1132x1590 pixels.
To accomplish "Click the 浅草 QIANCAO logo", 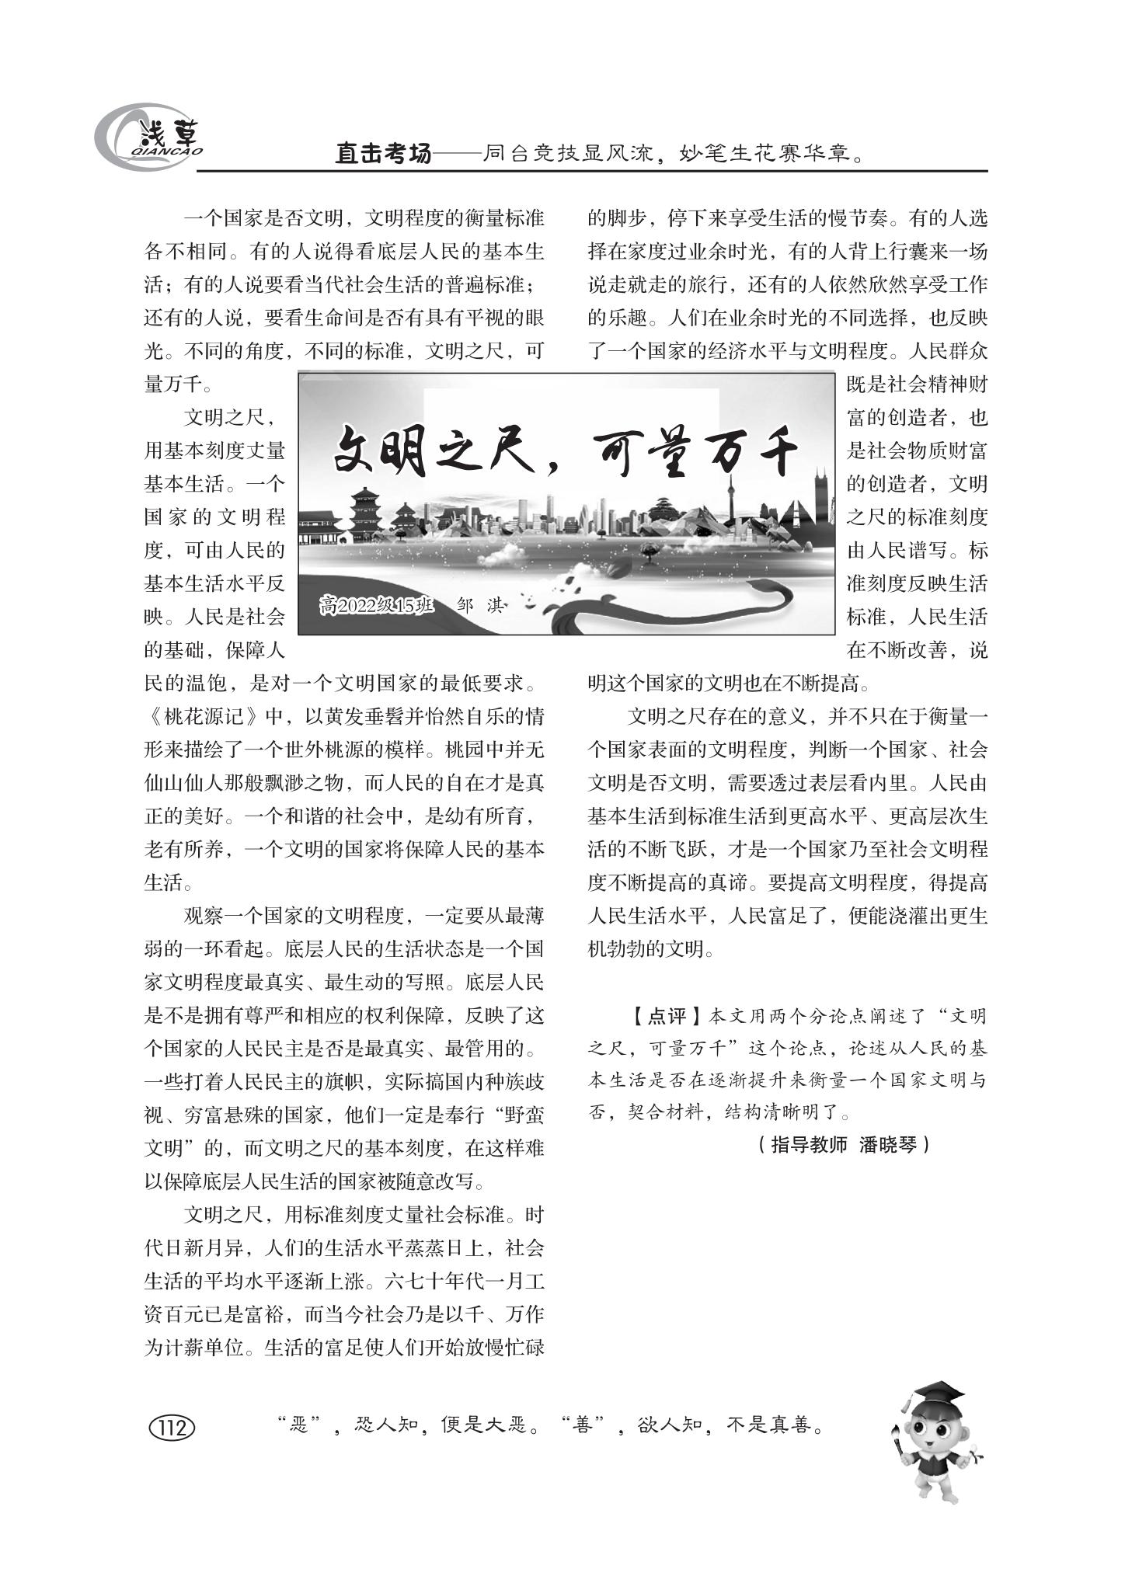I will [x=148, y=138].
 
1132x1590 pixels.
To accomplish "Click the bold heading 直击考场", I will [x=382, y=155].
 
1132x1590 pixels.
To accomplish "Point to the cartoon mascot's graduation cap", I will [x=937, y=1394].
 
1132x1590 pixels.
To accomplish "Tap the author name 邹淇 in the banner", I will [x=481, y=605].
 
